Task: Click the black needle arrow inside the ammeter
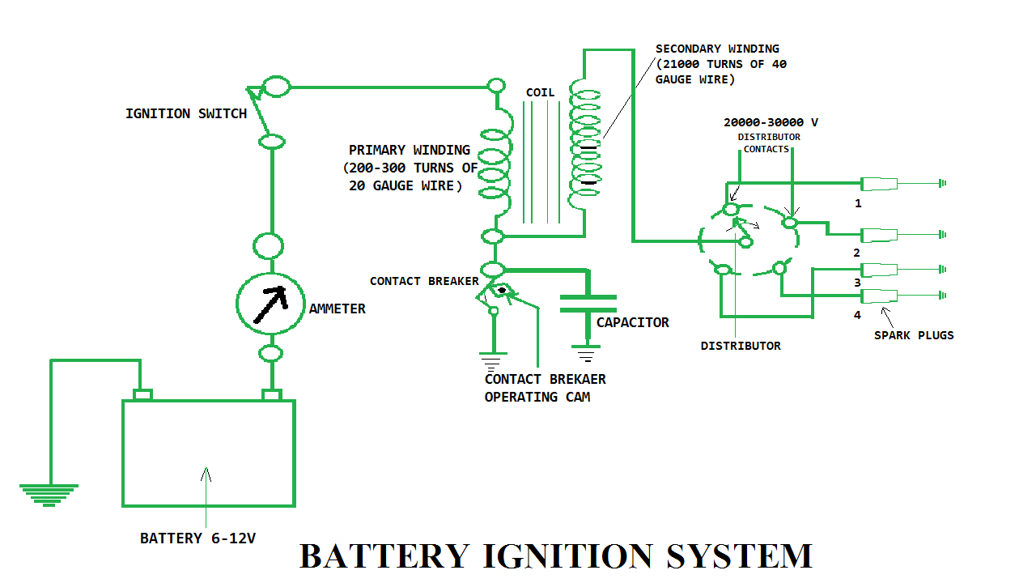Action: (x=270, y=304)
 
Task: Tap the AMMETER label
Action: (x=337, y=309)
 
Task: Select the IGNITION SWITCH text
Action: (x=185, y=113)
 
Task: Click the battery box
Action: (x=208, y=453)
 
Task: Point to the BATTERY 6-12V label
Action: (x=197, y=538)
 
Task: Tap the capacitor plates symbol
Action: (x=588, y=304)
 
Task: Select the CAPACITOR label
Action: (x=632, y=322)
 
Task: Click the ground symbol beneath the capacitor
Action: (x=587, y=354)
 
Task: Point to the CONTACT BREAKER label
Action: (x=423, y=281)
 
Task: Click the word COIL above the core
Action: (x=540, y=92)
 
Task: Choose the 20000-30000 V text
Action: (x=771, y=122)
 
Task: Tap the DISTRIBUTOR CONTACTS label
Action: (x=768, y=143)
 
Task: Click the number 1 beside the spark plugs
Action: (x=858, y=203)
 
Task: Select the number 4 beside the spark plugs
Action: (x=857, y=315)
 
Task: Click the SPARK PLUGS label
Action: (x=914, y=334)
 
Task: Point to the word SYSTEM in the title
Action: (x=739, y=557)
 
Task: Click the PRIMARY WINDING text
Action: (x=409, y=150)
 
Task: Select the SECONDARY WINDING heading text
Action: (x=717, y=49)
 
